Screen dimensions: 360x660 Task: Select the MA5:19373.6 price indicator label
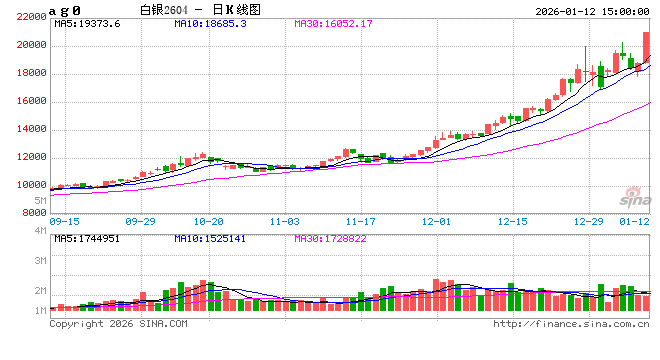[x=87, y=23]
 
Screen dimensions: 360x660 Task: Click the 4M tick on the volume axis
[x=40, y=231]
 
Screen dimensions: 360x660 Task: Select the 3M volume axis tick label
[x=40, y=260]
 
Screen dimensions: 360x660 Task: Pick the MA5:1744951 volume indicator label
[x=87, y=239]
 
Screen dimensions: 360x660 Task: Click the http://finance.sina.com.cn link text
[x=571, y=324]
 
